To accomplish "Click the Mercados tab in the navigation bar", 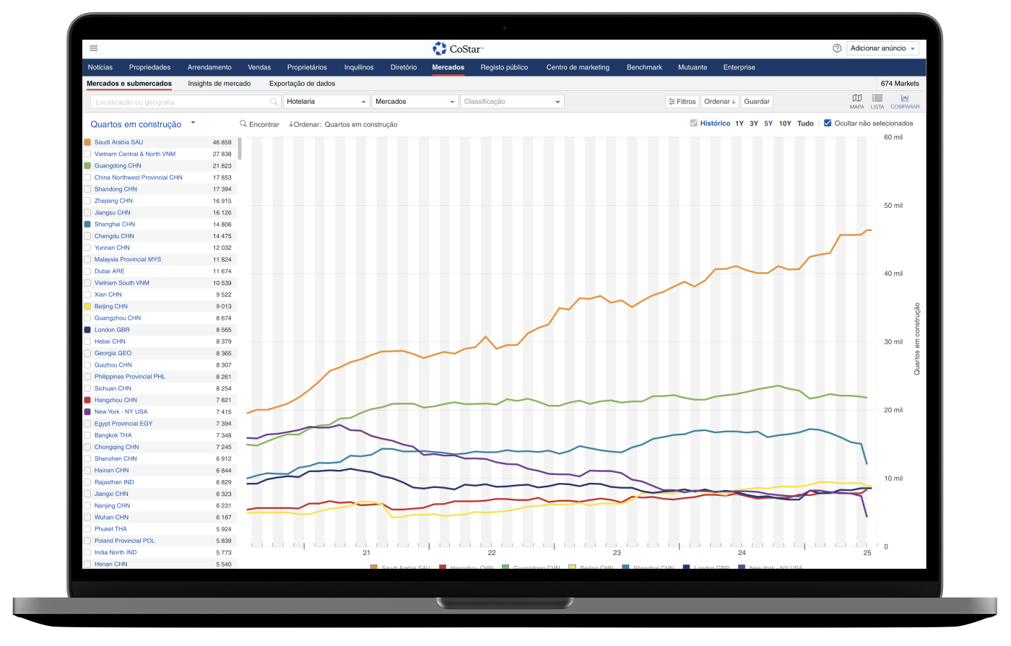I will click(x=448, y=67).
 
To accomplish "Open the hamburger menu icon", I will click(x=94, y=48).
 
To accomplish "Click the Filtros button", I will click(x=682, y=102).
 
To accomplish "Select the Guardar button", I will click(x=756, y=102).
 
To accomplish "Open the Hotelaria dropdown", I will click(x=326, y=102).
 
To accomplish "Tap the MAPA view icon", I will click(x=856, y=101).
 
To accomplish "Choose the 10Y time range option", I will click(x=785, y=123).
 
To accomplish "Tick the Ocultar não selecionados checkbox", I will click(x=828, y=123).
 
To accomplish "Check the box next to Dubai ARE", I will click(x=87, y=271).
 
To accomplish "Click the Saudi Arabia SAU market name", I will click(x=118, y=142).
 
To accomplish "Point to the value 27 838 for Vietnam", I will click(x=222, y=154).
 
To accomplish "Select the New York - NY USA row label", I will click(x=121, y=411).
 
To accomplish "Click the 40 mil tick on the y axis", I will click(x=893, y=274).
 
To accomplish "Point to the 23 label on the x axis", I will click(x=616, y=553).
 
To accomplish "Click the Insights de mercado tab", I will click(x=219, y=84).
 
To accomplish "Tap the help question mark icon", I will click(x=837, y=48).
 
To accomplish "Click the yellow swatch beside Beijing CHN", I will click(x=87, y=306).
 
